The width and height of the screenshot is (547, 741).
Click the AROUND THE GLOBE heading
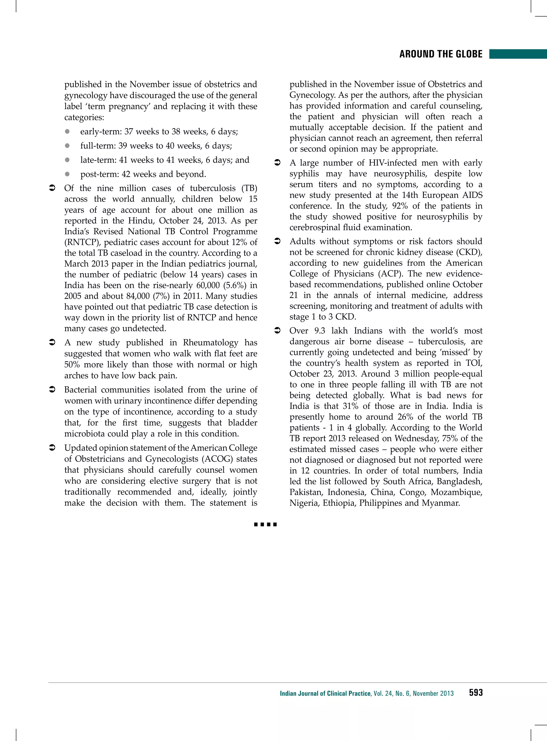(x=441, y=54)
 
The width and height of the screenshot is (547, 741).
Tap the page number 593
(x=475, y=693)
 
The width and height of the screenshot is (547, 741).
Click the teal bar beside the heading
(x=518, y=54)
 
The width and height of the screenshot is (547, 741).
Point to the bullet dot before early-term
(x=67, y=132)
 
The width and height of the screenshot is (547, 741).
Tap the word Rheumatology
(x=210, y=343)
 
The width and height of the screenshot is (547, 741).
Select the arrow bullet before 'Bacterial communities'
(x=52, y=390)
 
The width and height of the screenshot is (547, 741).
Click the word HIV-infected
(x=392, y=163)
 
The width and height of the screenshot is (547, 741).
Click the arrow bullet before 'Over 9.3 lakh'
(x=278, y=331)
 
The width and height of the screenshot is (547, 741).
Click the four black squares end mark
(x=265, y=524)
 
